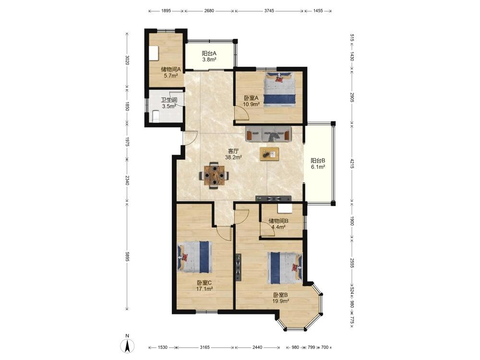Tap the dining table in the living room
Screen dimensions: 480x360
point(214,175)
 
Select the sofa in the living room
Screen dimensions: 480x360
point(268,133)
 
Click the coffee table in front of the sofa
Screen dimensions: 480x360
point(269,154)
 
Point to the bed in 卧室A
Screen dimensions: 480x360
point(280,89)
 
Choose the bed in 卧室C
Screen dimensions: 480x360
point(195,257)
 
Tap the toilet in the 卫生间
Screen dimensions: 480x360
point(156,116)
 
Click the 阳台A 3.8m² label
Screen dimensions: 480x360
point(209,56)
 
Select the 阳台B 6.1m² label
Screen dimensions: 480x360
point(318,164)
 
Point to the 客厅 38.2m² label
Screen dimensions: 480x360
point(234,154)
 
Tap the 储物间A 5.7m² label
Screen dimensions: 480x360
point(171,72)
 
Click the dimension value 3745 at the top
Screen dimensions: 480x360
point(269,11)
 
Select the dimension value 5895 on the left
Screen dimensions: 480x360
point(128,256)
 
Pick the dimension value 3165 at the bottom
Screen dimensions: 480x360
point(205,347)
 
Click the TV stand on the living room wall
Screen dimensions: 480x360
point(274,198)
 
